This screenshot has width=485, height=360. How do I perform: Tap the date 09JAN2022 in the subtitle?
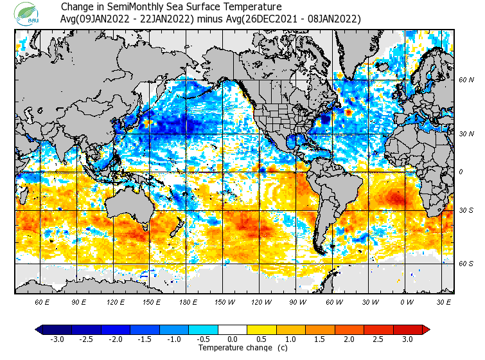tap(105, 19)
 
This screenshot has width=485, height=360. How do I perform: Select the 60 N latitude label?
tap(466, 80)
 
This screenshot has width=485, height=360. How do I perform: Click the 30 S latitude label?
tap(466, 211)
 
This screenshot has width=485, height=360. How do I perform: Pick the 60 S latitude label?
tap(466, 264)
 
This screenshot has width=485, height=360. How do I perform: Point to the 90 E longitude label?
tap(79, 301)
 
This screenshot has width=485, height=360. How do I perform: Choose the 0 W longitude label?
tap(406, 301)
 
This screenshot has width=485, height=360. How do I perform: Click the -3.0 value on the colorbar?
tap(57, 339)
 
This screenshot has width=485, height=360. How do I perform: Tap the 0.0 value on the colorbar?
tap(233, 339)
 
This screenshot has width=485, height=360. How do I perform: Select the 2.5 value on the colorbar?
tap(378, 339)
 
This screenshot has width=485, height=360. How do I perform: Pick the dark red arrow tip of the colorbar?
tap(426, 329)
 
